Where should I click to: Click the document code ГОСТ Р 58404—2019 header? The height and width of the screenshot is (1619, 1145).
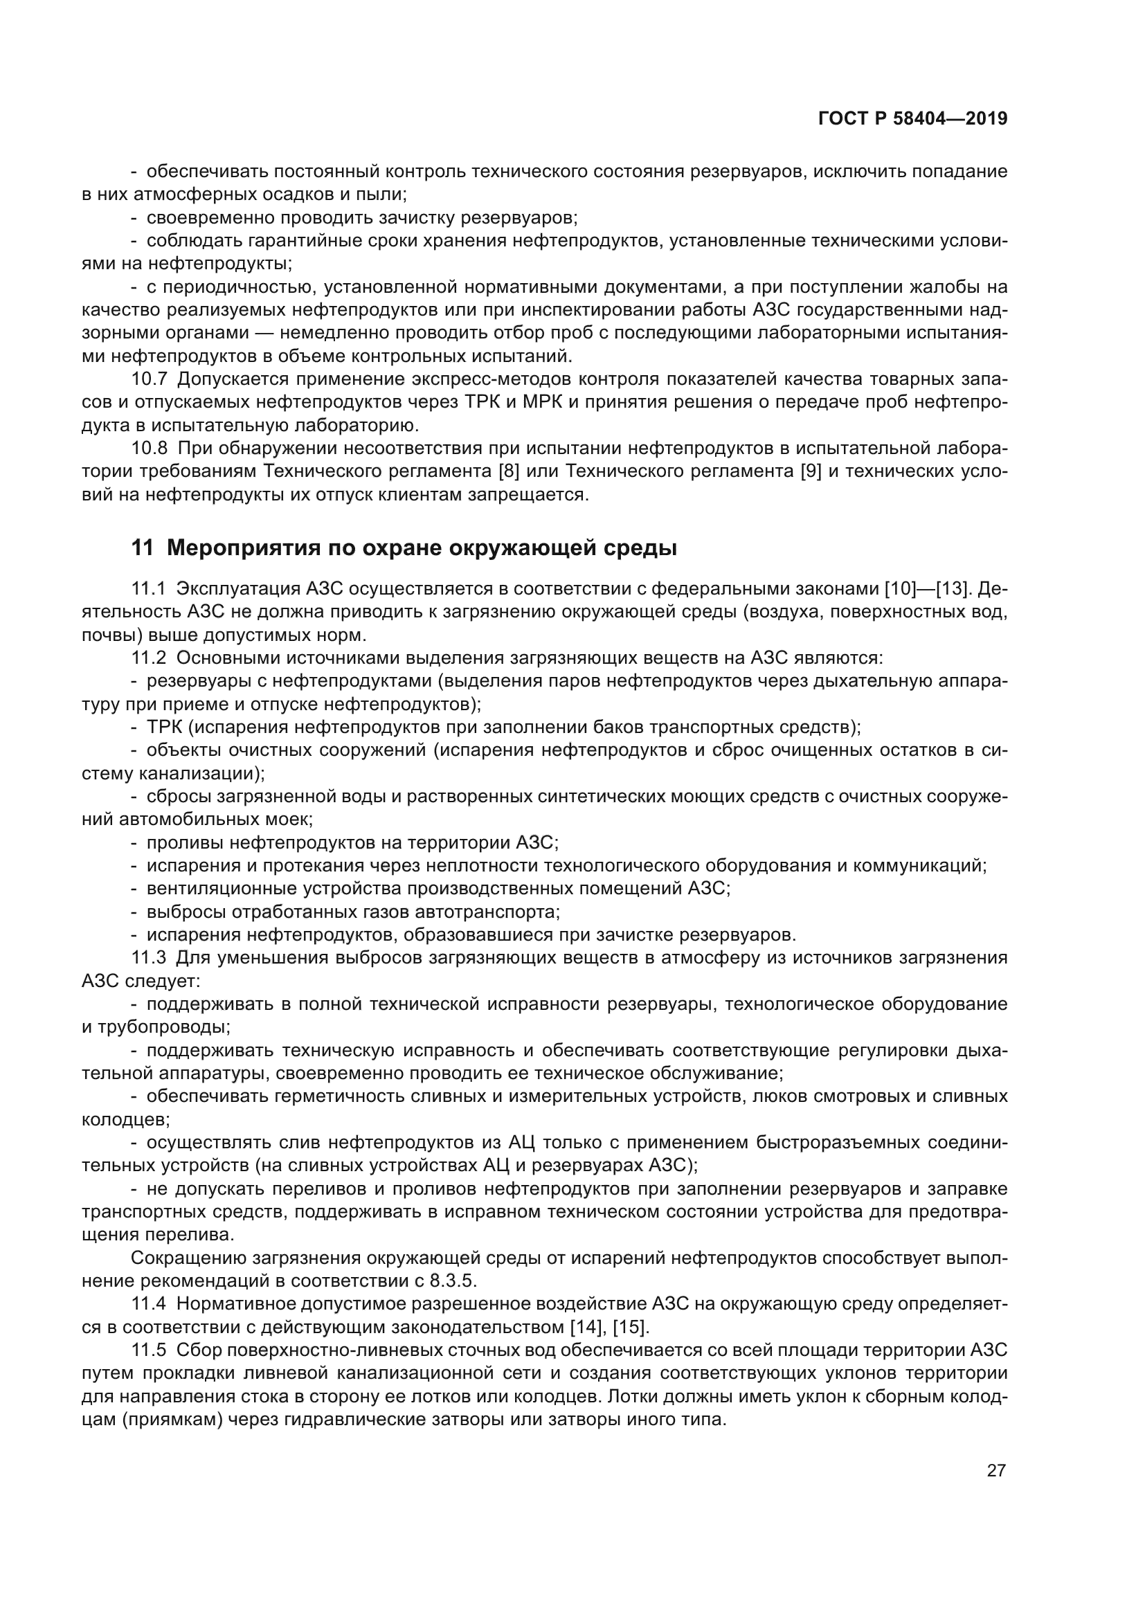pyautogui.click(x=912, y=119)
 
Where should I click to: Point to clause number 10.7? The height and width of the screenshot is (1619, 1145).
pyautogui.click(x=149, y=379)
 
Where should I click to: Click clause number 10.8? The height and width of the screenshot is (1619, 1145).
pyautogui.click(x=149, y=449)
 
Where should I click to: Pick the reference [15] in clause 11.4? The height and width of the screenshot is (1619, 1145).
pyautogui.click(x=631, y=1327)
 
